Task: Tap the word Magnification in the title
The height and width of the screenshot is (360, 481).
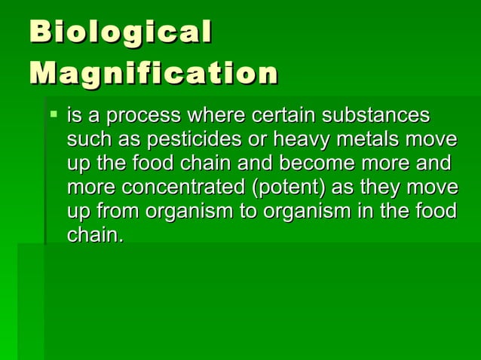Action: coord(154,75)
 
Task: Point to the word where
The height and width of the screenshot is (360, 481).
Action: coord(217,117)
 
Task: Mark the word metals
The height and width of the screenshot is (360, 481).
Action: coord(368,141)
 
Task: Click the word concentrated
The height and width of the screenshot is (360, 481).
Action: coord(168,188)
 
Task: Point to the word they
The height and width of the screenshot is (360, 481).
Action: coord(377,188)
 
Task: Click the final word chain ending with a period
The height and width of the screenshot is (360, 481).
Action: coord(95,235)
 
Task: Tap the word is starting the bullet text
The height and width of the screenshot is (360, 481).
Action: coord(75,117)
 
